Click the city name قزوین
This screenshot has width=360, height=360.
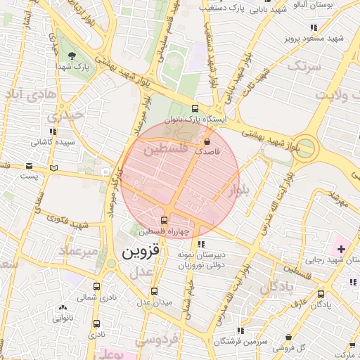pos(141,251)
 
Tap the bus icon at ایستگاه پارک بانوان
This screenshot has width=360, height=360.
pos(195,108)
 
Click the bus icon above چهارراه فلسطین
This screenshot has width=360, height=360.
pos(165,220)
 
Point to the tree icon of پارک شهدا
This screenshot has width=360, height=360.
pos(72,55)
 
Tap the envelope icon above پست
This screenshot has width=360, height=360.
pos(29,165)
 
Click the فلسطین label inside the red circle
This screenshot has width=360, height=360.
pos(166,150)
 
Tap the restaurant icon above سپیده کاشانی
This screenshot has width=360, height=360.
pos(52,131)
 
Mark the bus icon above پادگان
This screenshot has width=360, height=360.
pos(321,294)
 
